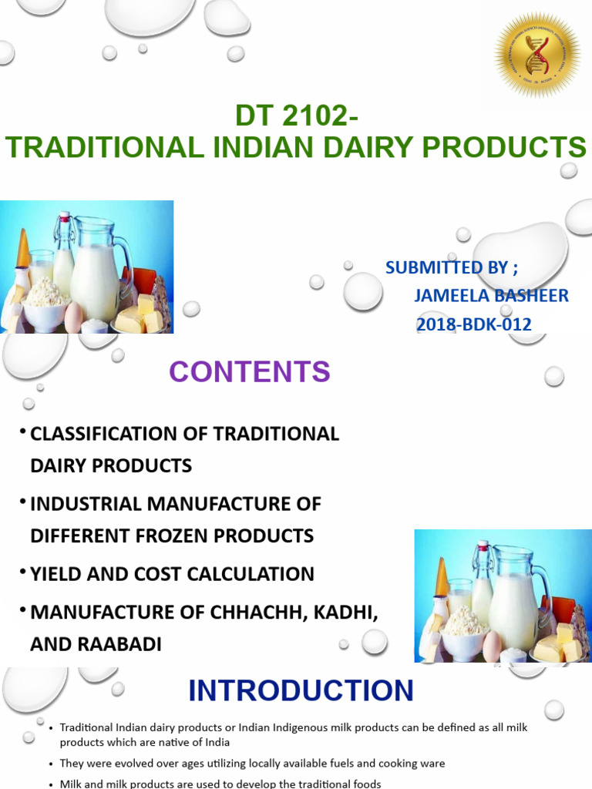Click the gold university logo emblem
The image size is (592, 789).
[x=537, y=55]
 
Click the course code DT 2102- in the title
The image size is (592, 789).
[x=296, y=117]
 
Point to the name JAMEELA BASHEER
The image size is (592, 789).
[x=491, y=296]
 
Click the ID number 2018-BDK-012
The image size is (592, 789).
[x=473, y=324]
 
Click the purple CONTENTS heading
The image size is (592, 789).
[x=250, y=372]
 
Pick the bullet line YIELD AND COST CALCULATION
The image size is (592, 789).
[x=172, y=574]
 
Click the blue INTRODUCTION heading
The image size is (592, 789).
[x=301, y=690]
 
